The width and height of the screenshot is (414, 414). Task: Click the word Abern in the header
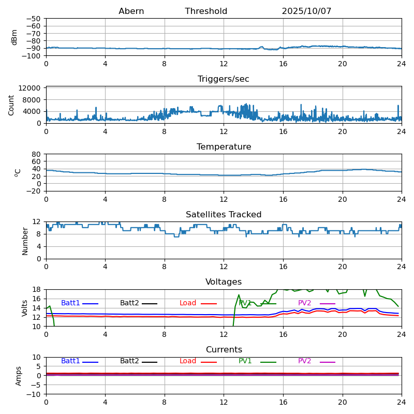pyautogui.click(x=131, y=11)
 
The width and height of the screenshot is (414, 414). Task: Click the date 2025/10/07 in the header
pyautogui.click(x=306, y=11)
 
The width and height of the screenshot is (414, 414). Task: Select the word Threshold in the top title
pyautogui.click(x=206, y=11)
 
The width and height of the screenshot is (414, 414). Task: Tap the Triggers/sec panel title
pyautogui.click(x=224, y=79)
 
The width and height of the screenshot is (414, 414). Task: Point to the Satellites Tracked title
pyautogui.click(x=224, y=215)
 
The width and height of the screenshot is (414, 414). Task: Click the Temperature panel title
pyautogui.click(x=224, y=147)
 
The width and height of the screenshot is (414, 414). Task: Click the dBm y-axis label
pyautogui.click(x=14, y=37)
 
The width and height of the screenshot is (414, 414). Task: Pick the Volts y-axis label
pyautogui.click(x=25, y=308)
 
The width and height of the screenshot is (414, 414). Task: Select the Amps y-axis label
pyautogui.click(x=19, y=376)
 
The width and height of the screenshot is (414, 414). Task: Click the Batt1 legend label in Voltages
pyautogui.click(x=70, y=303)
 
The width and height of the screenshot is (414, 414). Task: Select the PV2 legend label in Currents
pyautogui.click(x=304, y=361)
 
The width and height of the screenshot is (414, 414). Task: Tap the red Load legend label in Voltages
pyautogui.click(x=188, y=303)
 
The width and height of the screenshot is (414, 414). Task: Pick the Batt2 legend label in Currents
pyautogui.click(x=129, y=361)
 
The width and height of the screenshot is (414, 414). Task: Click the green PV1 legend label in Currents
pyautogui.click(x=245, y=361)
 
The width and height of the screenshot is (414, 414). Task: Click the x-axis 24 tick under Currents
pyautogui.click(x=402, y=402)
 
